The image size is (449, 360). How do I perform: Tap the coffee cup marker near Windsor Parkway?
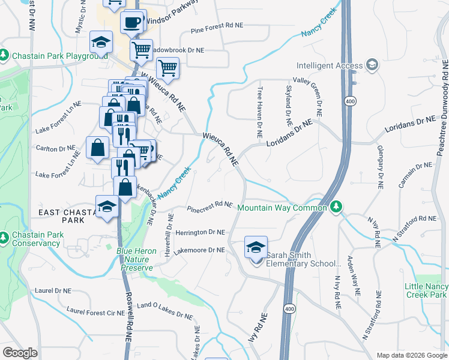131,23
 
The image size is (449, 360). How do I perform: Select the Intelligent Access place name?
329,65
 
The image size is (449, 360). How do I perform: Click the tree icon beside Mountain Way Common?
336,207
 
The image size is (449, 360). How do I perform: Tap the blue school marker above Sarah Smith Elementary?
256,248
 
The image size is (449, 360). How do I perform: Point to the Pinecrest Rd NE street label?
209,207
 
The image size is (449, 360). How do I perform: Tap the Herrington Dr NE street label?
200,232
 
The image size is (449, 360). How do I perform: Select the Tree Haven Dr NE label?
259,113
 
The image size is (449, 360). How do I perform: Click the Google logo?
20,353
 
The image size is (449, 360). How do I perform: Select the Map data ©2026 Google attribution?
411,355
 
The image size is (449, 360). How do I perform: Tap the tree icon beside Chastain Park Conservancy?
4,238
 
